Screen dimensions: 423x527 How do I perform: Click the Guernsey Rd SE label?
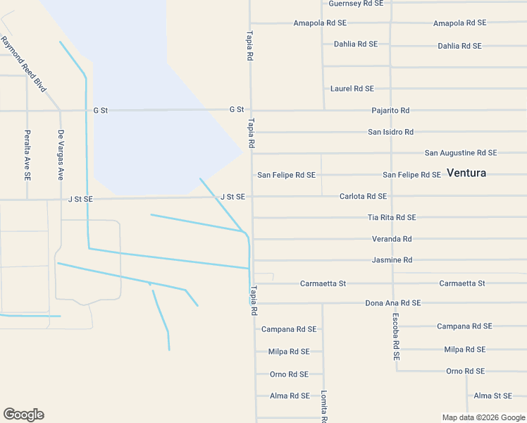356,4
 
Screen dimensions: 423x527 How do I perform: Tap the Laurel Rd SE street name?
352,89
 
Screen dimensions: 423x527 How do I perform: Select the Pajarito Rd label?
390,111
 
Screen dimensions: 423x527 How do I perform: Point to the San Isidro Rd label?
390,132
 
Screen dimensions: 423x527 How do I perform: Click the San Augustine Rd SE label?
461,153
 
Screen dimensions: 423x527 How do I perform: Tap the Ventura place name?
466,173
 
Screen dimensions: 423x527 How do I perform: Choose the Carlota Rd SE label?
363,196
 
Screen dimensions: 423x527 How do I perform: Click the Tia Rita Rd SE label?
392,217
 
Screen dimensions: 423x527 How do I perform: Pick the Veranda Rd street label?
392,239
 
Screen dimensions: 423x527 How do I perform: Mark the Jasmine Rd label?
392,260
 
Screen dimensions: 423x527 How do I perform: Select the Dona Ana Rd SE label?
392,303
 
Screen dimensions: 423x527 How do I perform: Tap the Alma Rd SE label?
290,396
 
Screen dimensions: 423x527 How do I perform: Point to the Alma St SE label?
492,396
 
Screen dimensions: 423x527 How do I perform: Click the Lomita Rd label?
324,407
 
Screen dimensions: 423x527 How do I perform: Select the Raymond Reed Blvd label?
24,64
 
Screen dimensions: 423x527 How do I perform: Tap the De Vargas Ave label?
61,154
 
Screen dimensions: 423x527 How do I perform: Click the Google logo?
23,415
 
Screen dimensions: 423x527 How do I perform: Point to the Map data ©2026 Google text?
483,417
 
